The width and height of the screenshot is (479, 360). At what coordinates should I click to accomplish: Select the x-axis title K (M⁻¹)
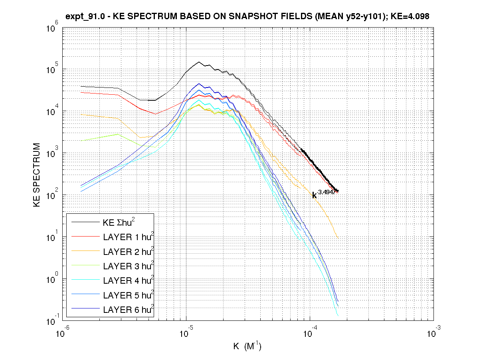tap(247, 346)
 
